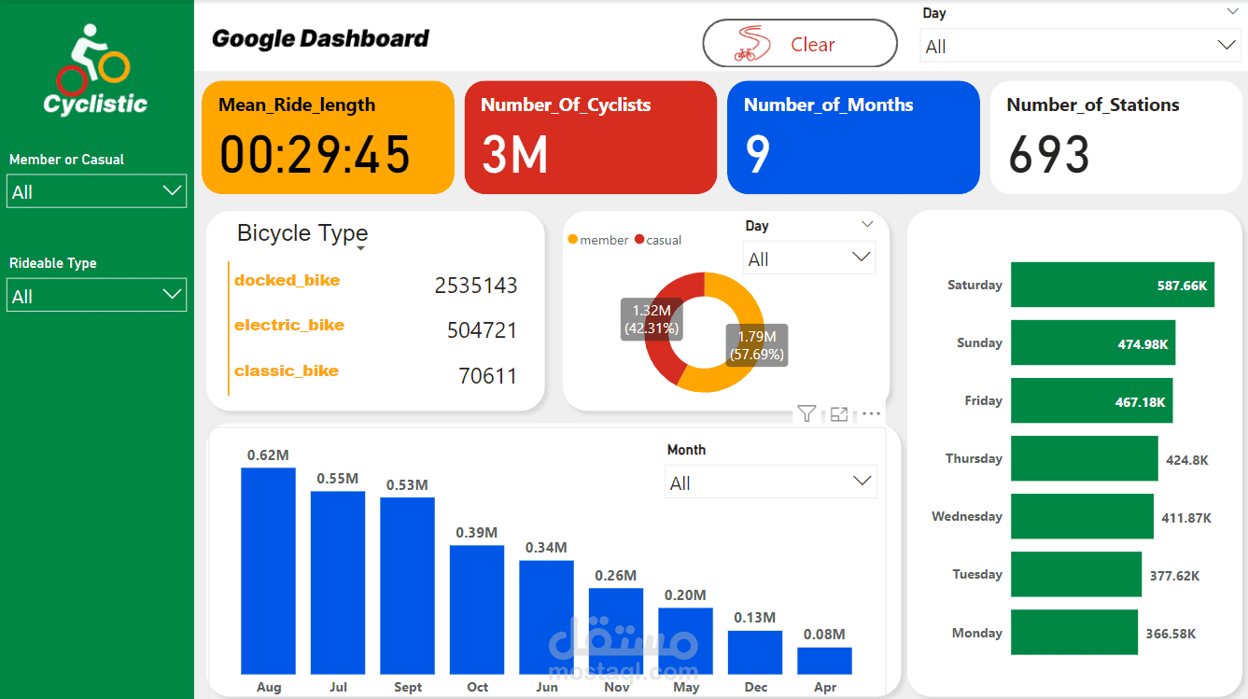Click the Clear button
click(799, 44)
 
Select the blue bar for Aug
click(268, 570)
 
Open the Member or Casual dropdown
click(96, 191)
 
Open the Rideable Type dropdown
click(96, 296)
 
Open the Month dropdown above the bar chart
click(770, 482)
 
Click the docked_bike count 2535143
click(476, 286)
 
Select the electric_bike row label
click(289, 326)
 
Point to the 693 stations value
click(1049, 155)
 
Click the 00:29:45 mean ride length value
click(316, 155)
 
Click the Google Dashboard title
click(320, 39)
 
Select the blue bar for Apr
click(824, 661)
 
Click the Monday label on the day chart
click(976, 633)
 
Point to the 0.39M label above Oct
click(477, 532)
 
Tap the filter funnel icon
click(806, 413)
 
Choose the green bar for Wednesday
click(1082, 516)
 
